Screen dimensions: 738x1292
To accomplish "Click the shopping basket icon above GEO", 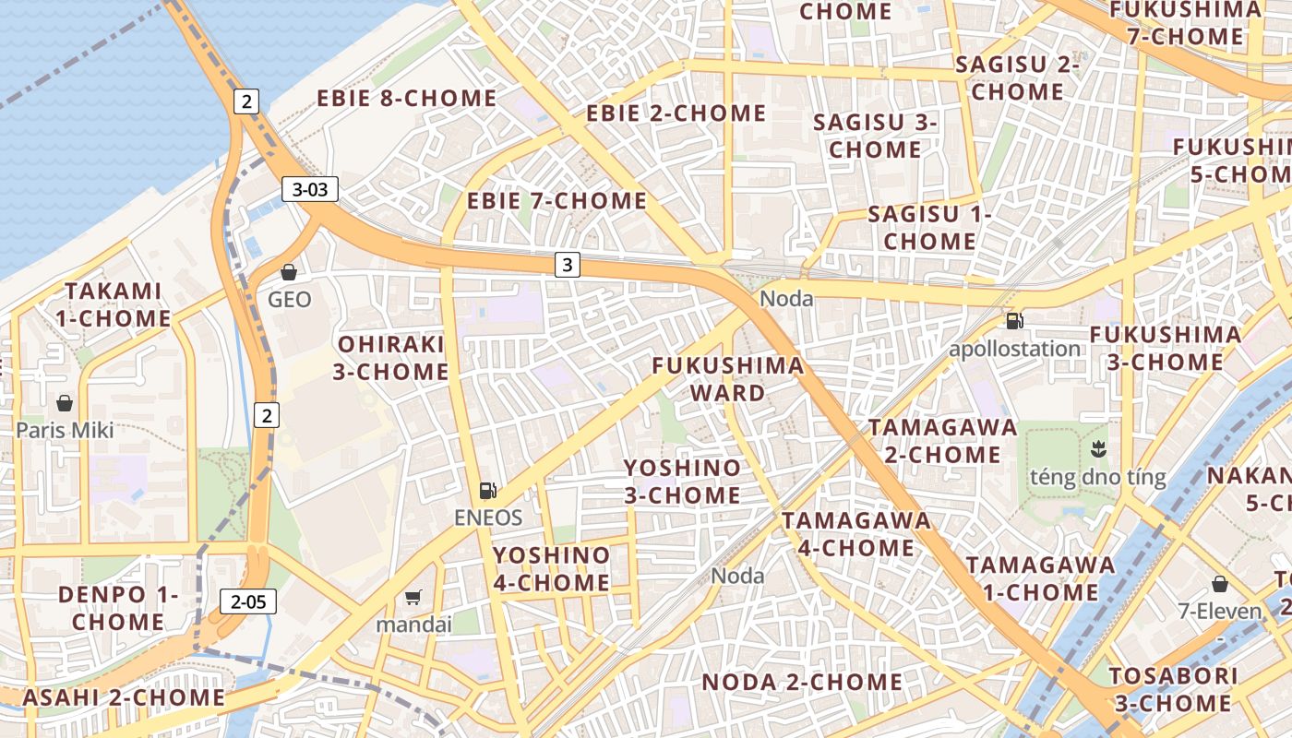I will tap(289, 272).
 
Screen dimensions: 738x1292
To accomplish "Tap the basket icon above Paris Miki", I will tap(65, 403).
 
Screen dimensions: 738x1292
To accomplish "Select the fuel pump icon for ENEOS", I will tap(488, 491).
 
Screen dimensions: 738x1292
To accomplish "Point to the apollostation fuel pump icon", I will tap(1014, 321).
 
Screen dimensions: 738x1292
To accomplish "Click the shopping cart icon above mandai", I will tap(413, 597).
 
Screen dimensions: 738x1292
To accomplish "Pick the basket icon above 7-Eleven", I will tap(1220, 584).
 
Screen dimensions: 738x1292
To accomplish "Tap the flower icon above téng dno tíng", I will tap(1098, 450).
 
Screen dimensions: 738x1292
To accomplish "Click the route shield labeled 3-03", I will tap(310, 190).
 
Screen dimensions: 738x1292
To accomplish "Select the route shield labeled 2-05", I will tap(248, 602).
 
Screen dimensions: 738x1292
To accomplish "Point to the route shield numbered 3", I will tap(568, 266).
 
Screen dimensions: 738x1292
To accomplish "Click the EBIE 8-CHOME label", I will tap(407, 99).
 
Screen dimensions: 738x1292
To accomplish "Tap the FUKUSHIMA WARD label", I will tap(728, 379).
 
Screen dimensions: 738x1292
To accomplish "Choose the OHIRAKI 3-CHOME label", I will tap(393, 358).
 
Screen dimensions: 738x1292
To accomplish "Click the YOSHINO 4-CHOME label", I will tap(552, 569).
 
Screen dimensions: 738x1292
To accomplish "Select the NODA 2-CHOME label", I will tap(802, 683).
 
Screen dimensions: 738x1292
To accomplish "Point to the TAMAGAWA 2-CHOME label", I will tap(942, 441).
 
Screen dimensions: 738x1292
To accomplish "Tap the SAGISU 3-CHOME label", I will tap(875, 136).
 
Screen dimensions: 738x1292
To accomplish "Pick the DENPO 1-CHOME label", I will tap(118, 608).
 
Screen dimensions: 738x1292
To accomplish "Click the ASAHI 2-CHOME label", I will tap(124, 697).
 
